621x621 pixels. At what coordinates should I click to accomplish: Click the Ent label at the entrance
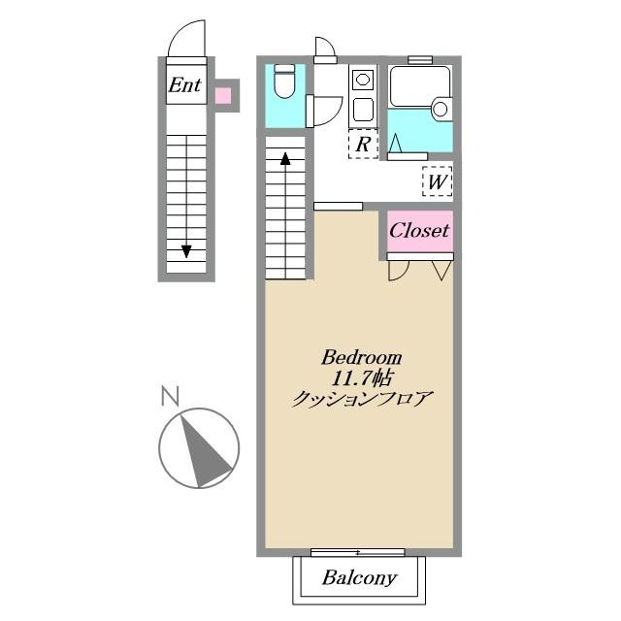pos(185,84)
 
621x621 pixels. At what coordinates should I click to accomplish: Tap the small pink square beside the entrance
pos(223,95)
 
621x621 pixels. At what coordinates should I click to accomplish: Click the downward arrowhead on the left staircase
pos(186,251)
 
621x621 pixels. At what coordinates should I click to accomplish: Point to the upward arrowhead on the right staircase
pos(285,158)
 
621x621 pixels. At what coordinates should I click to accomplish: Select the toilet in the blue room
pos(284,82)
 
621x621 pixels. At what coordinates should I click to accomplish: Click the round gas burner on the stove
pos(363,80)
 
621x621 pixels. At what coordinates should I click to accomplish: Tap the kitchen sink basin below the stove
pos(363,110)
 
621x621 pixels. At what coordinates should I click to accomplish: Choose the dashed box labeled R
pos(363,144)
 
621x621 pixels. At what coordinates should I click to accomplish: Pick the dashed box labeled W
pos(438,181)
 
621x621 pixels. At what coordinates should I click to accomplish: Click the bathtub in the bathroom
pos(420,86)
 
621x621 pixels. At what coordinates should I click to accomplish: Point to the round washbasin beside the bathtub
pos(440,109)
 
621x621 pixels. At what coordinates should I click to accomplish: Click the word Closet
pos(419,230)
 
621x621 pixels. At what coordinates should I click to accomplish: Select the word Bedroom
pos(361,358)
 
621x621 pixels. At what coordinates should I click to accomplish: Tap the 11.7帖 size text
pos(362,378)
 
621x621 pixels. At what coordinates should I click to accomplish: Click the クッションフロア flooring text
pos(361,399)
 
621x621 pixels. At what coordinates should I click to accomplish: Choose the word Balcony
pos(359,578)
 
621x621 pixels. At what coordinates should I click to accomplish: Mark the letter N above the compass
pos(171,396)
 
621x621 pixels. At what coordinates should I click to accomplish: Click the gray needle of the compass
pos(203,450)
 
